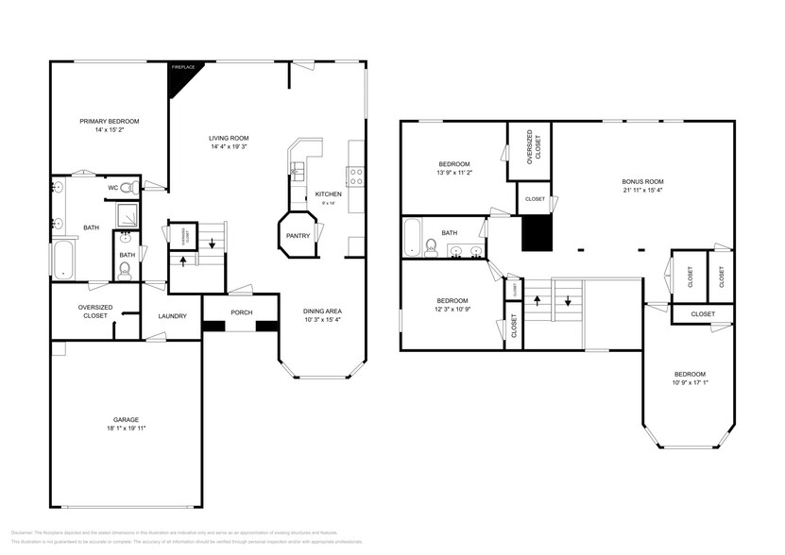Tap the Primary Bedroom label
[109, 122]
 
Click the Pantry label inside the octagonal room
[298, 236]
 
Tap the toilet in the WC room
[128, 188]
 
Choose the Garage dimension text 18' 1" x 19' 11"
[127, 429]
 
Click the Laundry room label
[172, 316]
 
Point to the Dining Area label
[322, 311]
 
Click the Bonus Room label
[642, 181]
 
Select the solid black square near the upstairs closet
[537, 233]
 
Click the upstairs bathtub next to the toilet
[413, 237]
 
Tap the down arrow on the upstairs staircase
[569, 301]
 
